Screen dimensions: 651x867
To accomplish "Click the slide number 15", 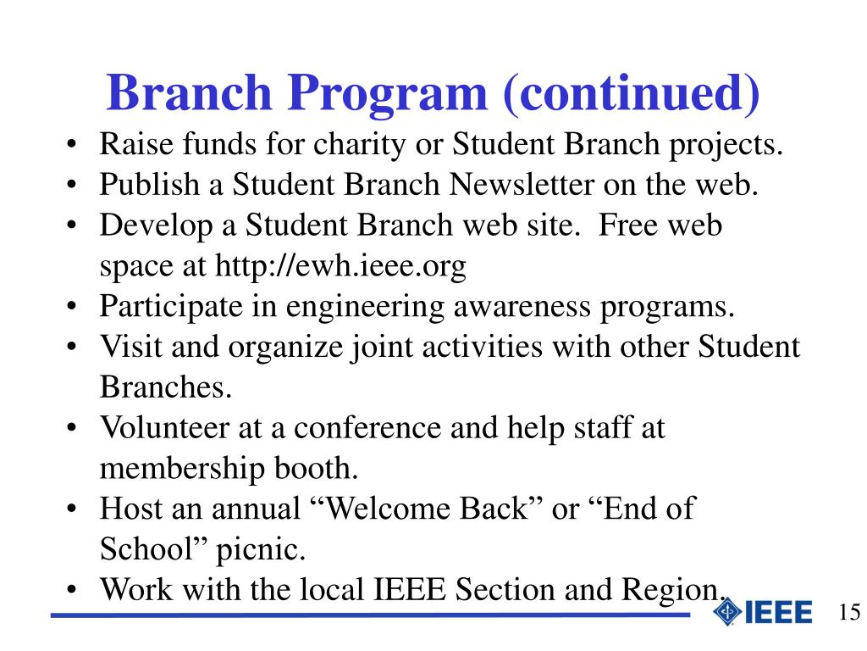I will [849, 613].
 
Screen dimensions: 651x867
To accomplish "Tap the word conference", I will [367, 428].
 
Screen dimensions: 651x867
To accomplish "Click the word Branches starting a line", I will [165, 387].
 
